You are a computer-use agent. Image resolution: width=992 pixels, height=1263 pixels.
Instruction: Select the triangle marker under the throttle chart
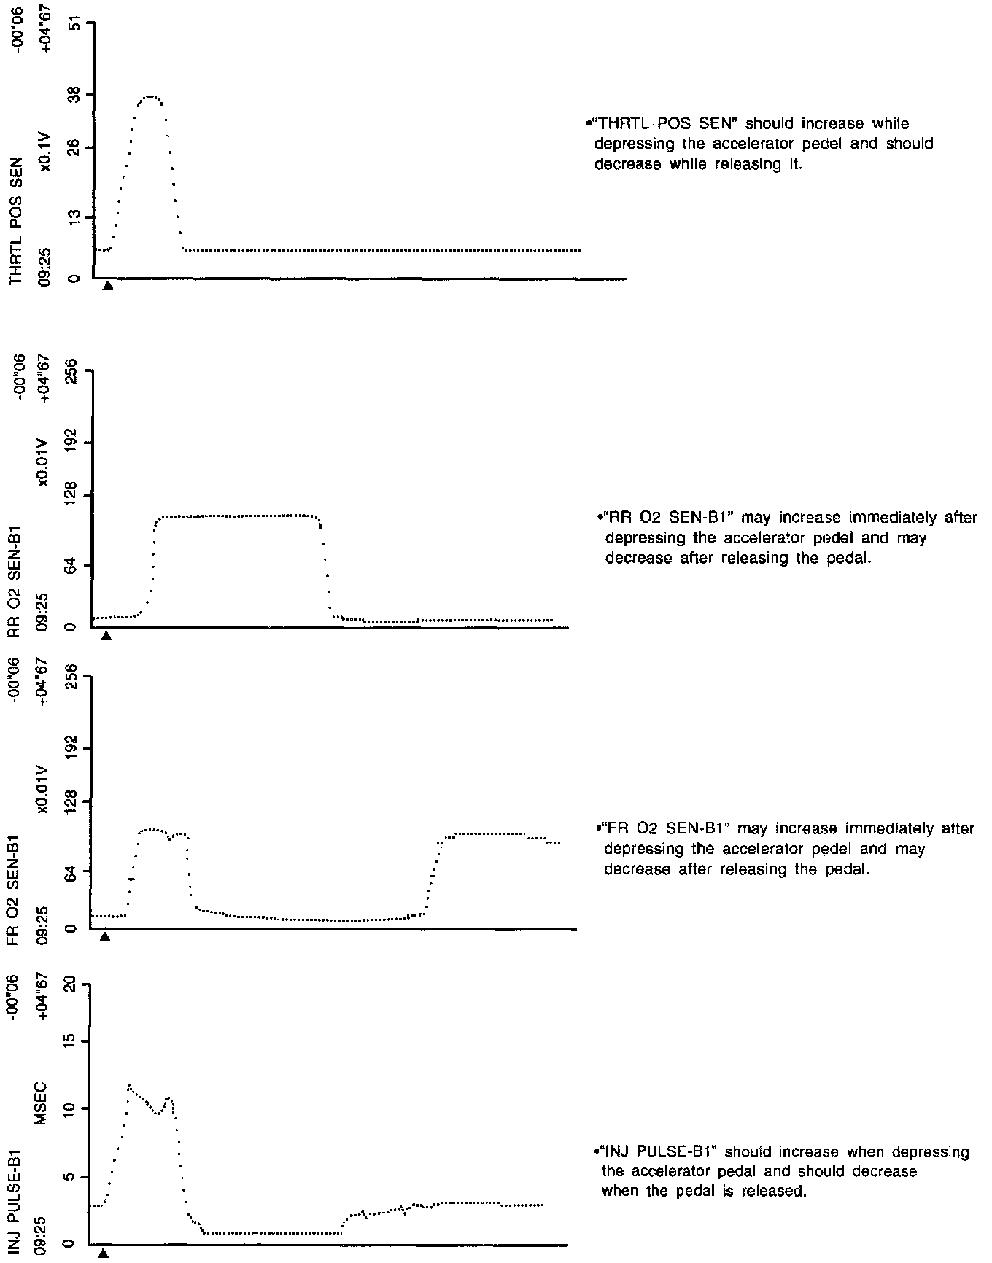point(108,286)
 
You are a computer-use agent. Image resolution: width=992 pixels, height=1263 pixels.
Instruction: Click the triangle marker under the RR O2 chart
point(106,636)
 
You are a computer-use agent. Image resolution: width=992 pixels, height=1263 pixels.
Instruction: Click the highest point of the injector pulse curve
point(129,1086)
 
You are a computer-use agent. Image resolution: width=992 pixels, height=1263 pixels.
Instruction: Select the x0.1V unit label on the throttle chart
point(45,152)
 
